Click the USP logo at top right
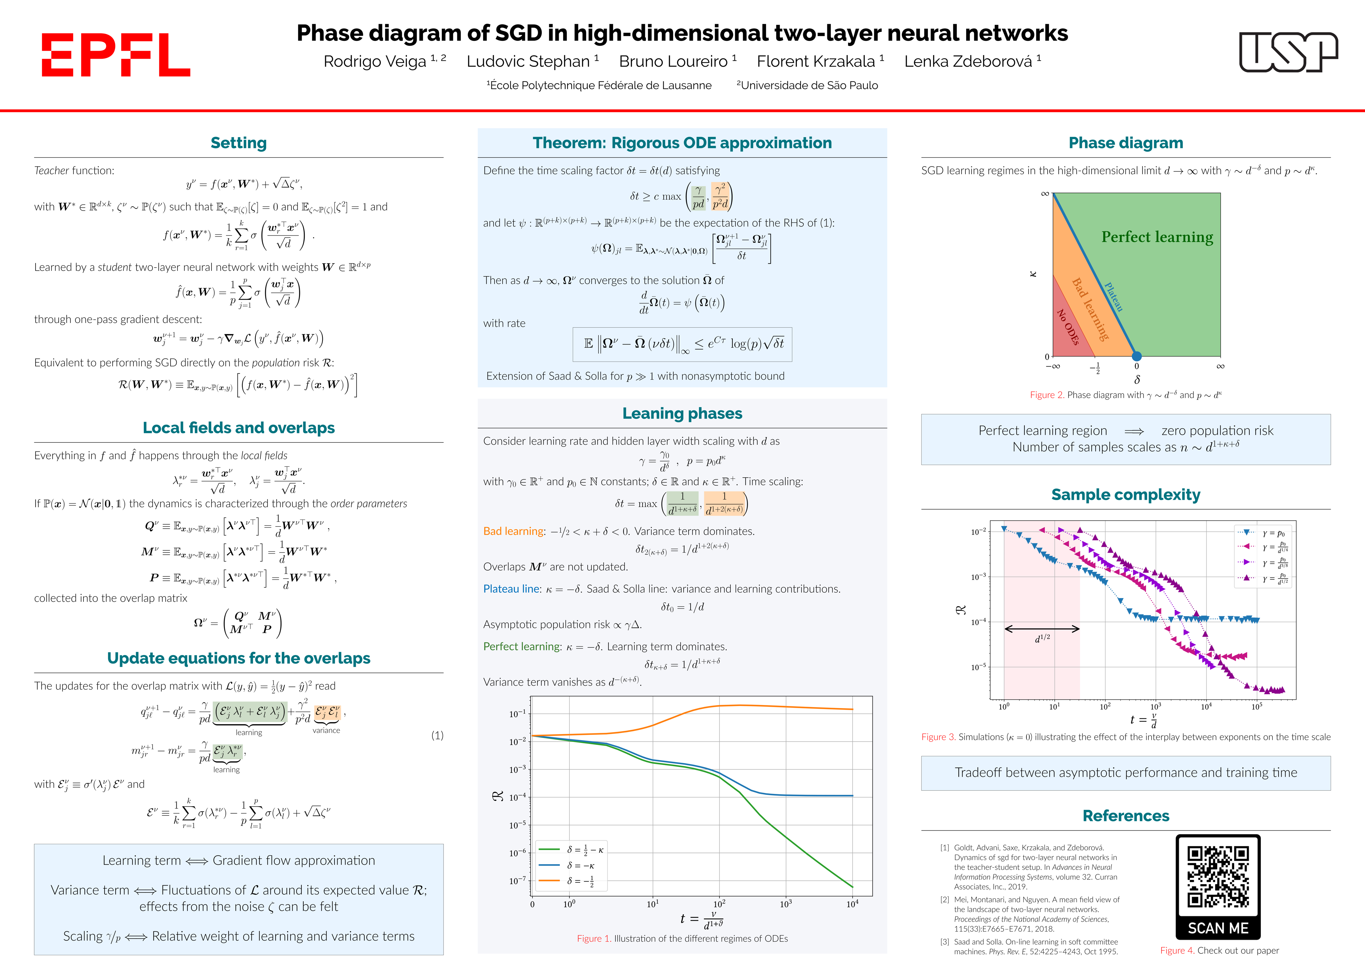pyautogui.click(x=1288, y=52)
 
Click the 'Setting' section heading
pyautogui.click(x=238, y=143)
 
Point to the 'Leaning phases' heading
pyautogui.click(x=682, y=414)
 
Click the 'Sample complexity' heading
pyautogui.click(x=1125, y=495)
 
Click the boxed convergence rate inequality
pyautogui.click(x=682, y=344)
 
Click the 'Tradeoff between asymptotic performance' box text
pyautogui.click(x=1125, y=773)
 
